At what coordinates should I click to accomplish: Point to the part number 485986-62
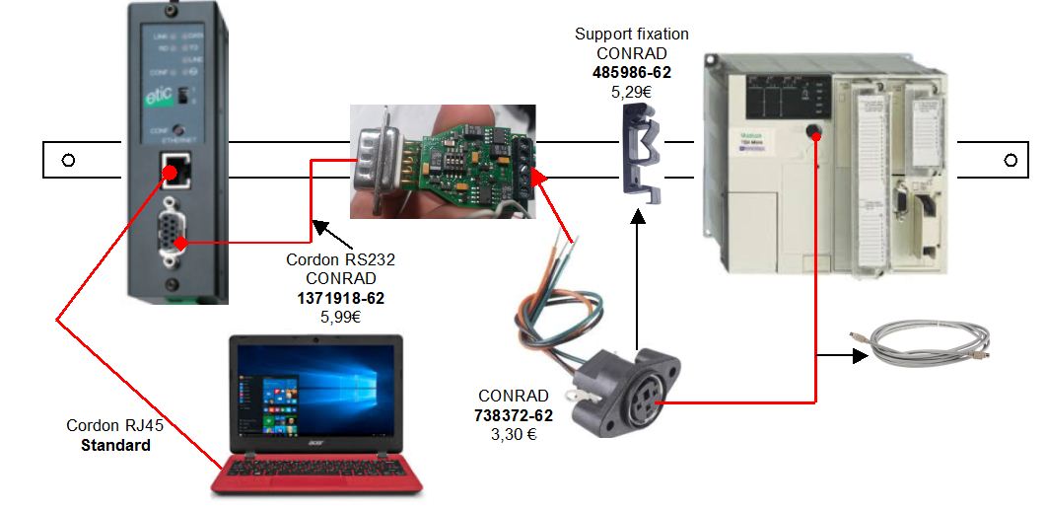tap(631, 72)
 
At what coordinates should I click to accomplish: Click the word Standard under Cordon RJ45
tap(114, 445)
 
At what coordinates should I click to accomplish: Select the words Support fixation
tap(631, 35)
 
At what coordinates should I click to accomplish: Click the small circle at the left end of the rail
tap(68, 160)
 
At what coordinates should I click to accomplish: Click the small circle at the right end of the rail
tap(1010, 159)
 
